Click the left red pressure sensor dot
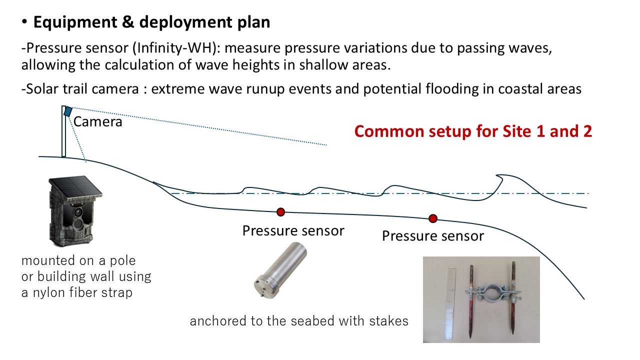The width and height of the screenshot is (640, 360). (x=280, y=212)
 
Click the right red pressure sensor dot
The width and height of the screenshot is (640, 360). (x=433, y=218)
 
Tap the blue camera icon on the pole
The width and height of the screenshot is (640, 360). (x=68, y=111)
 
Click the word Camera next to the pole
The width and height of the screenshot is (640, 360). (x=98, y=121)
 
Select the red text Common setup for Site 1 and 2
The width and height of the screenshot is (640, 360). (x=473, y=131)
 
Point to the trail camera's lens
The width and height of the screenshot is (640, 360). (x=78, y=212)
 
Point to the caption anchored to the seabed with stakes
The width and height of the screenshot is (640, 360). (x=299, y=321)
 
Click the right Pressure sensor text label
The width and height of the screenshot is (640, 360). (x=433, y=236)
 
